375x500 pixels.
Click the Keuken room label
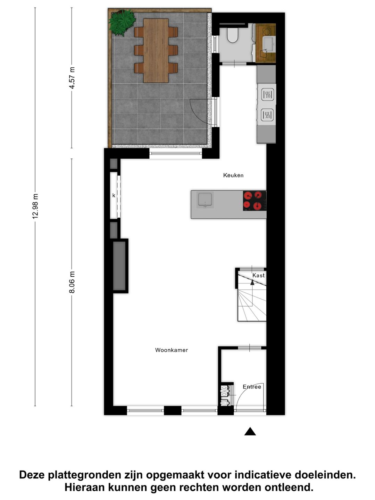coord(233,175)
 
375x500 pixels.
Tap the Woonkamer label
coord(172,350)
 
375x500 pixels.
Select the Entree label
coord(252,387)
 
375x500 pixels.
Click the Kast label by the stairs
coord(258,275)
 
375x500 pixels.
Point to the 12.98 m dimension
coord(35,206)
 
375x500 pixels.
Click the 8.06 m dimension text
coord(72,282)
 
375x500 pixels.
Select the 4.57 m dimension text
coord(72,78)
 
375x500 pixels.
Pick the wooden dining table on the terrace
coord(156,50)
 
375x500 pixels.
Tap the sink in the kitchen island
coord(205,200)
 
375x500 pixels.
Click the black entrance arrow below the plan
coord(250,432)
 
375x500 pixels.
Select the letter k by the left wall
coord(114,195)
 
